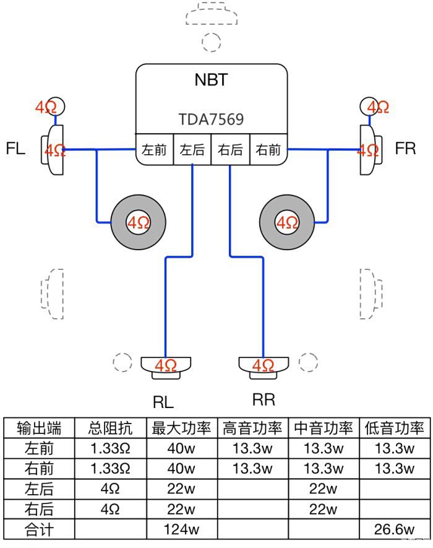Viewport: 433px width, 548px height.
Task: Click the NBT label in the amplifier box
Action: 212,80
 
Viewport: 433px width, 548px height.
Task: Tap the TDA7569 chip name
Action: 212,119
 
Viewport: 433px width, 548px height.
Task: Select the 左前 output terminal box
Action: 155,150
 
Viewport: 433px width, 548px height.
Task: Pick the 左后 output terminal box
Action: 192,150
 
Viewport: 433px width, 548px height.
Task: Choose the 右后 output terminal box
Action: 231,150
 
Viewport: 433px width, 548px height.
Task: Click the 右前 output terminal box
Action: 268,150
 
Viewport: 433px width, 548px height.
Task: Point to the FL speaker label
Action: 15,149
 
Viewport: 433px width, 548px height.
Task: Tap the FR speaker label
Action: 405,149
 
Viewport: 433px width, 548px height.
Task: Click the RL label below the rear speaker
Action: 163,402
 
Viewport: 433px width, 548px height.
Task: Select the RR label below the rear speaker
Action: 264,399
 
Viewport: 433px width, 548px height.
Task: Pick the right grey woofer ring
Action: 286,222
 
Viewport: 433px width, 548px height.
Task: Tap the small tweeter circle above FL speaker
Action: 54,107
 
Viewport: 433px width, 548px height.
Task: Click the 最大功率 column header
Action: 181,428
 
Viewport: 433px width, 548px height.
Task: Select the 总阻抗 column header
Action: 109,428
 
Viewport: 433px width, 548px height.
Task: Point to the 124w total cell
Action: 181,529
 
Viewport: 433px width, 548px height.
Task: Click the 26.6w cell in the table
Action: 394,529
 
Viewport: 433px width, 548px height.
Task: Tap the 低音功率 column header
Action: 394,428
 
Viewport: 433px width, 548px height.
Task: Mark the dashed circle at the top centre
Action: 212,41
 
